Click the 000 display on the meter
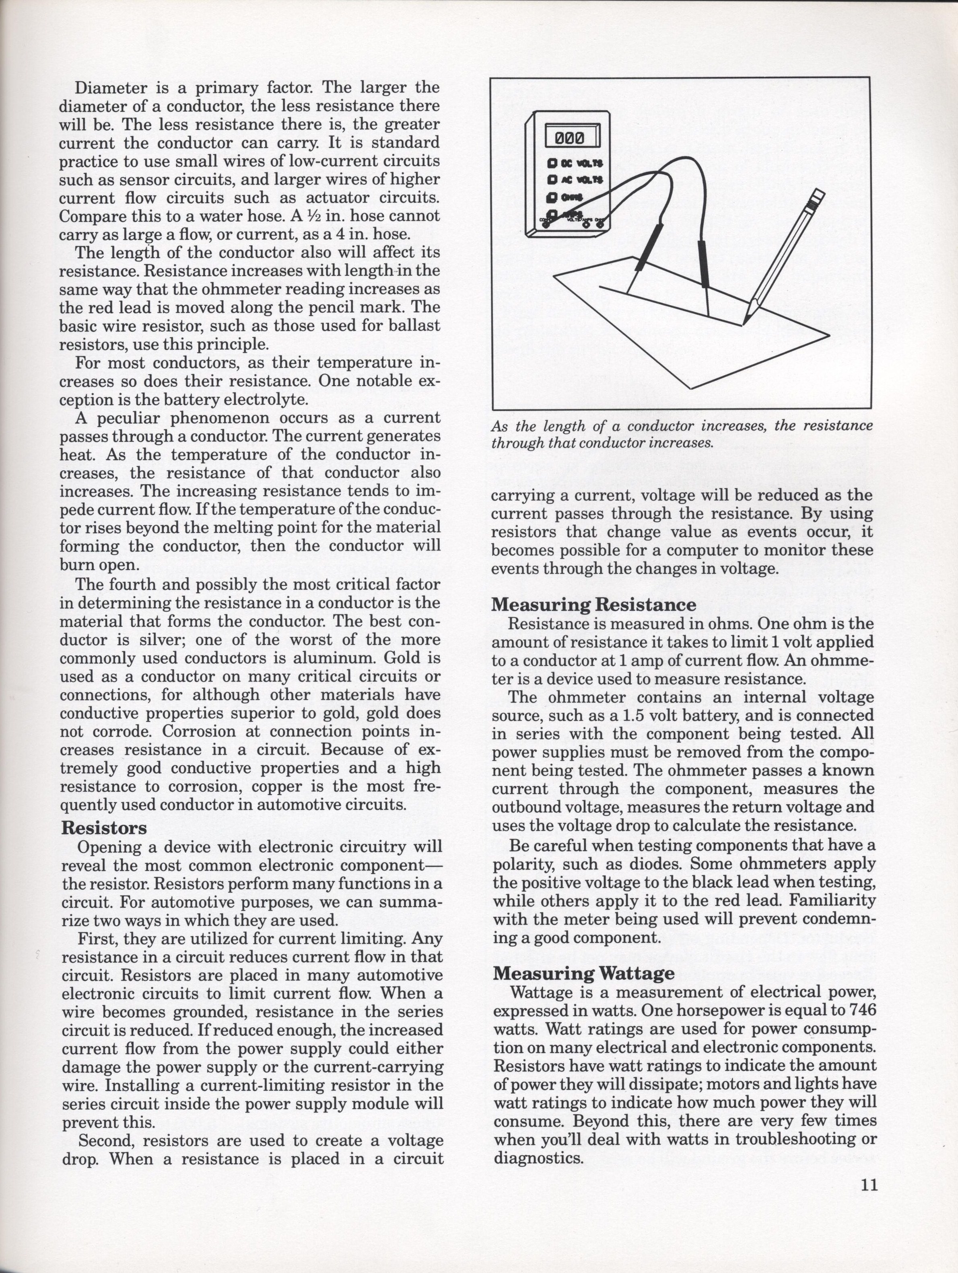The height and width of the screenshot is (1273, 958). (569, 138)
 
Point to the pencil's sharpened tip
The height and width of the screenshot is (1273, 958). (745, 323)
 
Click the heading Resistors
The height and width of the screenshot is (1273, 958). (104, 828)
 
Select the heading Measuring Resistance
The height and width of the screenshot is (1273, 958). (593, 605)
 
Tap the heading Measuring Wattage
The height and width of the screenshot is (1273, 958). (584, 973)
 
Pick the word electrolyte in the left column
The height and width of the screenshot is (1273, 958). (268, 399)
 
